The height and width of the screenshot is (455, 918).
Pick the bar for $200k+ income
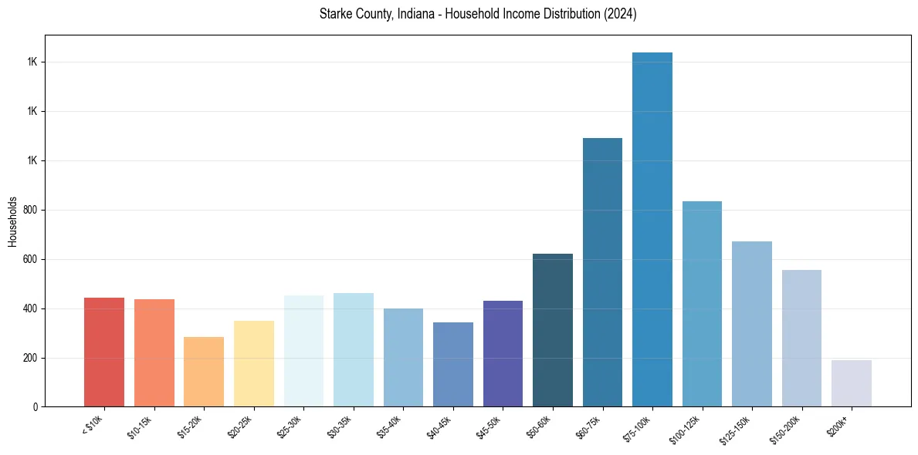click(x=852, y=383)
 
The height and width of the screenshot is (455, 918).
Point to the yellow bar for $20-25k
click(x=254, y=363)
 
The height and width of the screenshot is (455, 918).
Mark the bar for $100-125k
click(x=702, y=304)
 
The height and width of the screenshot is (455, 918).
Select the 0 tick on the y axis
click(x=36, y=407)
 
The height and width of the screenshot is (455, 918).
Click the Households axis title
click(x=12, y=221)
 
